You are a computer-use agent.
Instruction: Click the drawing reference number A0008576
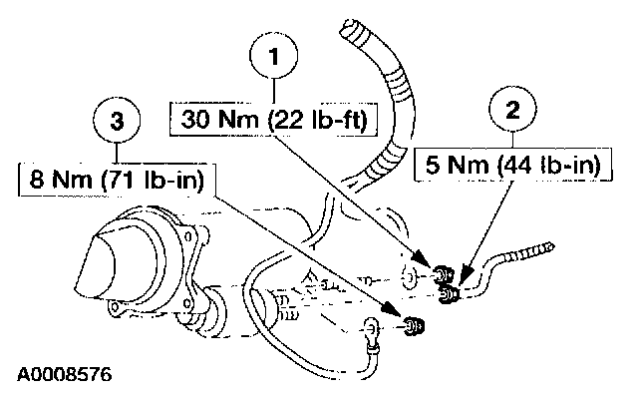pos(63,375)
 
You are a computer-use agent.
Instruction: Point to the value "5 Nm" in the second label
pos(454,164)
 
